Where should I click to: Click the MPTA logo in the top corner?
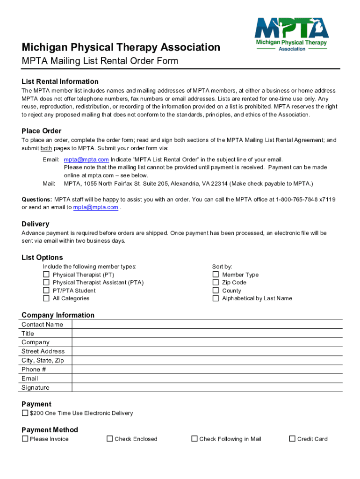[291, 34]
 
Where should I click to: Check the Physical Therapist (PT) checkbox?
[46, 275]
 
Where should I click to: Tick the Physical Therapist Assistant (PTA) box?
[46, 283]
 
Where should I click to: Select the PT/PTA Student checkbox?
[46, 290]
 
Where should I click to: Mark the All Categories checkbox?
[46, 298]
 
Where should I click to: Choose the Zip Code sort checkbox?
[216, 283]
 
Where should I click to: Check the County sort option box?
[216, 290]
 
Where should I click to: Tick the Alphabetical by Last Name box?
[216, 298]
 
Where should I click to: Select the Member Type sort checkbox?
[216, 275]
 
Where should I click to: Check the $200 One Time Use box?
[25, 413]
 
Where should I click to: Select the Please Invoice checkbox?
[25, 439]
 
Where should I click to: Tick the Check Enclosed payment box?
[110, 439]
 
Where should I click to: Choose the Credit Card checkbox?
[292, 439]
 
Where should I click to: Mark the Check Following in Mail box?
[194, 439]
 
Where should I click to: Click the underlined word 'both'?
[46, 148]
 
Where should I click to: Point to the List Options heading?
[42, 258]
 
